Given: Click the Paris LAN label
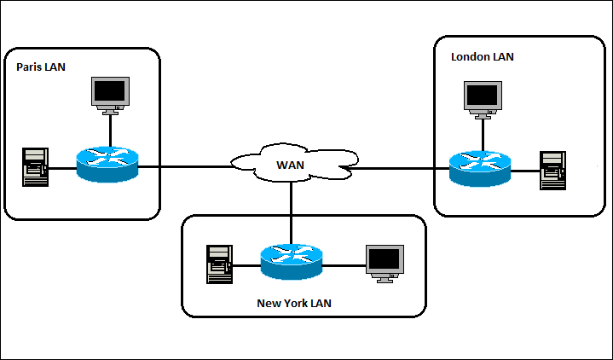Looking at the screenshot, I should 41,66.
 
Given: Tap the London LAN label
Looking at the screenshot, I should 482,56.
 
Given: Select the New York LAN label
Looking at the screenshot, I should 294,303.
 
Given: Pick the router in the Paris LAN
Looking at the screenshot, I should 107,164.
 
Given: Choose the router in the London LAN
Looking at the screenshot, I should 480,168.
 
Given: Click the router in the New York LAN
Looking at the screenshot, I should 292,261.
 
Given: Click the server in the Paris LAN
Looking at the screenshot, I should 35,167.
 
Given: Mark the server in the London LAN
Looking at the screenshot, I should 552,171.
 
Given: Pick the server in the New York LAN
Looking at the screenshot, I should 219,264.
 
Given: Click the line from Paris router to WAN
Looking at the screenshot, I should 183,167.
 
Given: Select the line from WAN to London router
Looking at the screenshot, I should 401,168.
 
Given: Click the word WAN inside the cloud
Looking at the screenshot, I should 292,163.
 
